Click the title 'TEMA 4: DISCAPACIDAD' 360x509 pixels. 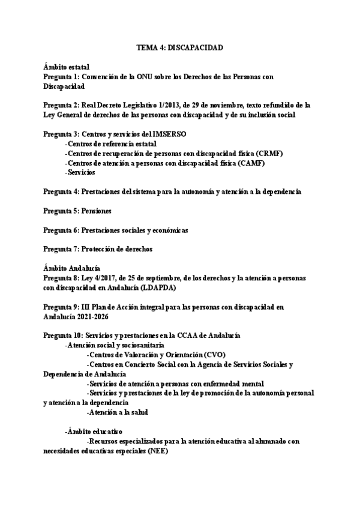coord(180,47)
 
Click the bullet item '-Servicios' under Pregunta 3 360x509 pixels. coord(80,172)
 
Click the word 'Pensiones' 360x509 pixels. coord(96,211)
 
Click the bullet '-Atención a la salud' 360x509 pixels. coord(118,412)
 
